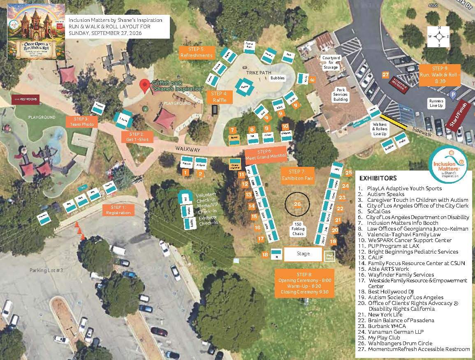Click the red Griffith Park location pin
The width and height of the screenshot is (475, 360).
(x=144, y=85)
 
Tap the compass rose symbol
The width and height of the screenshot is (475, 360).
(x=439, y=36)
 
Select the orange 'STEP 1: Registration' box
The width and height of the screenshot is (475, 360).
(x=118, y=210)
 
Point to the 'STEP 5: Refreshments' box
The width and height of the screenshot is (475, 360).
(x=197, y=53)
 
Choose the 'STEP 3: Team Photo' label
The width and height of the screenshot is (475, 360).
(x=82, y=122)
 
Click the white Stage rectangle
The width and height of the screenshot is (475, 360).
(x=303, y=254)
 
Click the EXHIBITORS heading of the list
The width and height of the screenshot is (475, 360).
(x=378, y=178)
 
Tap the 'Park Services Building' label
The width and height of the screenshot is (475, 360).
(x=340, y=94)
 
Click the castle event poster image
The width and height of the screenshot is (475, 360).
(x=36, y=32)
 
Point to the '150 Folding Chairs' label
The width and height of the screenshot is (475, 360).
(x=298, y=228)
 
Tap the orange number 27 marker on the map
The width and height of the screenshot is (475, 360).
(x=385, y=75)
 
